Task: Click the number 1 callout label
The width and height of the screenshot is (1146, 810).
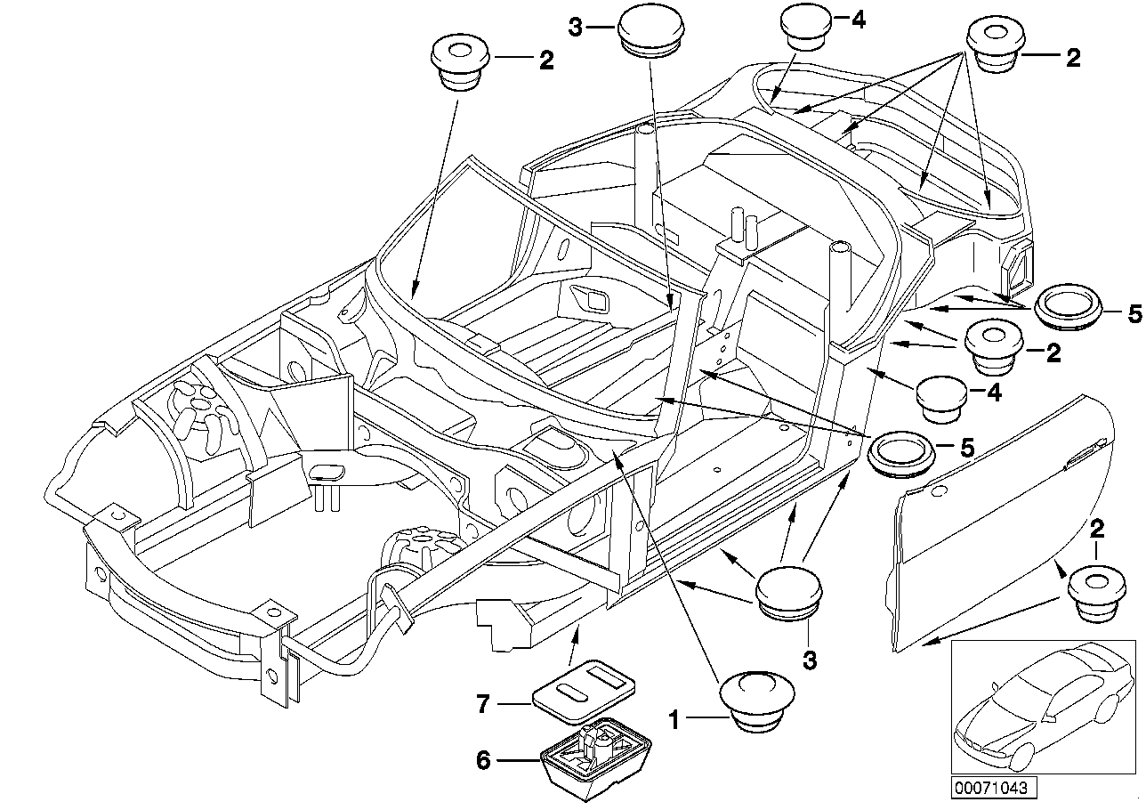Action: pos(675,718)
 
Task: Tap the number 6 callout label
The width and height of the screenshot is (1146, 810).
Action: pos(483,760)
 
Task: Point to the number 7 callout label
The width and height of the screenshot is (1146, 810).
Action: pos(483,706)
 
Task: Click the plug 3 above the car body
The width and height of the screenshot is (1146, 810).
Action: pos(650,31)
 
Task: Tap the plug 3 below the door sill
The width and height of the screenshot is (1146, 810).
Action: pos(789,590)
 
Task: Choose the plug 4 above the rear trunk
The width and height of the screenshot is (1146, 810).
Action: pos(807,27)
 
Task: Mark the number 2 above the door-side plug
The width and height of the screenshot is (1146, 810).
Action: pos(1097,530)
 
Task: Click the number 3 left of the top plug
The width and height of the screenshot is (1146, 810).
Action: pos(576,28)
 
